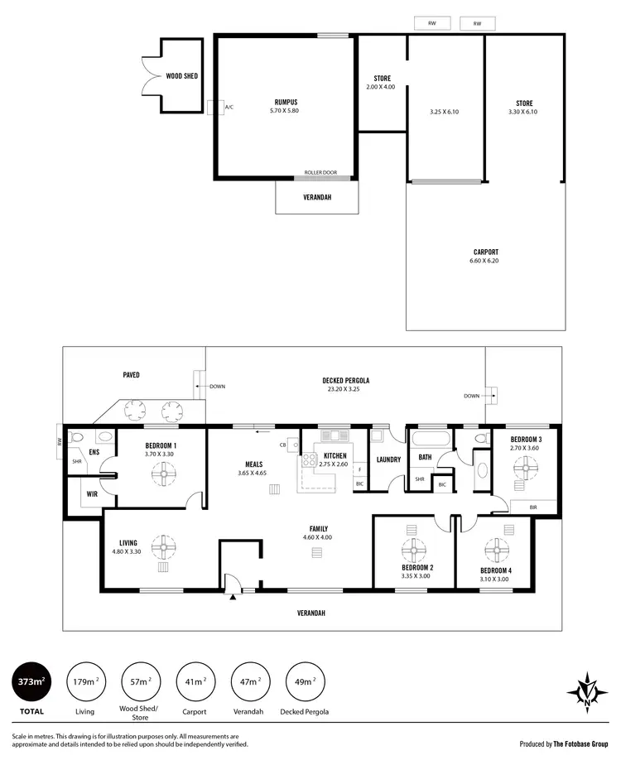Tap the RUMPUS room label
(286, 103)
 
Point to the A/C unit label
(229, 108)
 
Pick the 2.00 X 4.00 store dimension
(381, 87)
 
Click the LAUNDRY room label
(388, 459)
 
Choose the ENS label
(94, 454)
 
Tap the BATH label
(425, 456)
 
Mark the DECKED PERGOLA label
(345, 381)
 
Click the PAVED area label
(130, 374)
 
